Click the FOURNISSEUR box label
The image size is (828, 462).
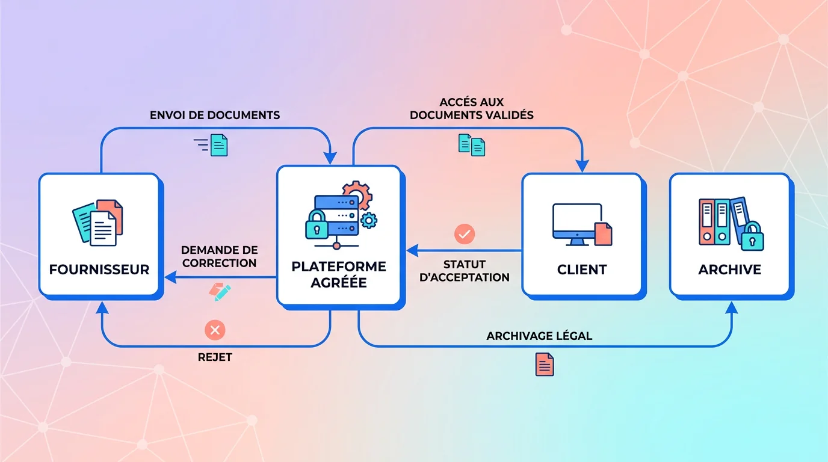pyautogui.click(x=99, y=269)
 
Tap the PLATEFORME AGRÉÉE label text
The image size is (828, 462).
pyautogui.click(x=339, y=274)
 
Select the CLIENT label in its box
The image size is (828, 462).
pyautogui.click(x=582, y=269)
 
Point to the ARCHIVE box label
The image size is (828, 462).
pyautogui.click(x=729, y=269)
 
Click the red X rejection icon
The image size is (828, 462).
pyautogui.click(x=215, y=330)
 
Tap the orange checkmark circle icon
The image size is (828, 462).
pyautogui.click(x=465, y=234)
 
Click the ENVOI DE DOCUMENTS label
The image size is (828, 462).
pyautogui.click(x=215, y=115)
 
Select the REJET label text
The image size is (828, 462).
pyautogui.click(x=215, y=357)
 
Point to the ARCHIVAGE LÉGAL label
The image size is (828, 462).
pyautogui.click(x=539, y=336)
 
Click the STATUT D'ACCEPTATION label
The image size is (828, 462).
pyautogui.click(x=465, y=271)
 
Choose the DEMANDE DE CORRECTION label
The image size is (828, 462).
pyautogui.click(x=219, y=256)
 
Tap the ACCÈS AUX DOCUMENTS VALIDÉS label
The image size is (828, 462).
pyautogui.click(x=472, y=109)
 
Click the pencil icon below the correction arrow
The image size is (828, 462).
pyautogui.click(x=220, y=292)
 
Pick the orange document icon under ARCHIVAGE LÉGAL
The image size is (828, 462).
pyautogui.click(x=545, y=365)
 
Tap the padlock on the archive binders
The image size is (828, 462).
pyautogui.click(x=752, y=236)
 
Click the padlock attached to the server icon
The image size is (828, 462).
pyautogui.click(x=317, y=225)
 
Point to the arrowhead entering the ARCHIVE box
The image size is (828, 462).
pyautogui.click(x=731, y=307)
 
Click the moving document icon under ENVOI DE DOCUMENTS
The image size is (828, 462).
pyautogui.click(x=211, y=145)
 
